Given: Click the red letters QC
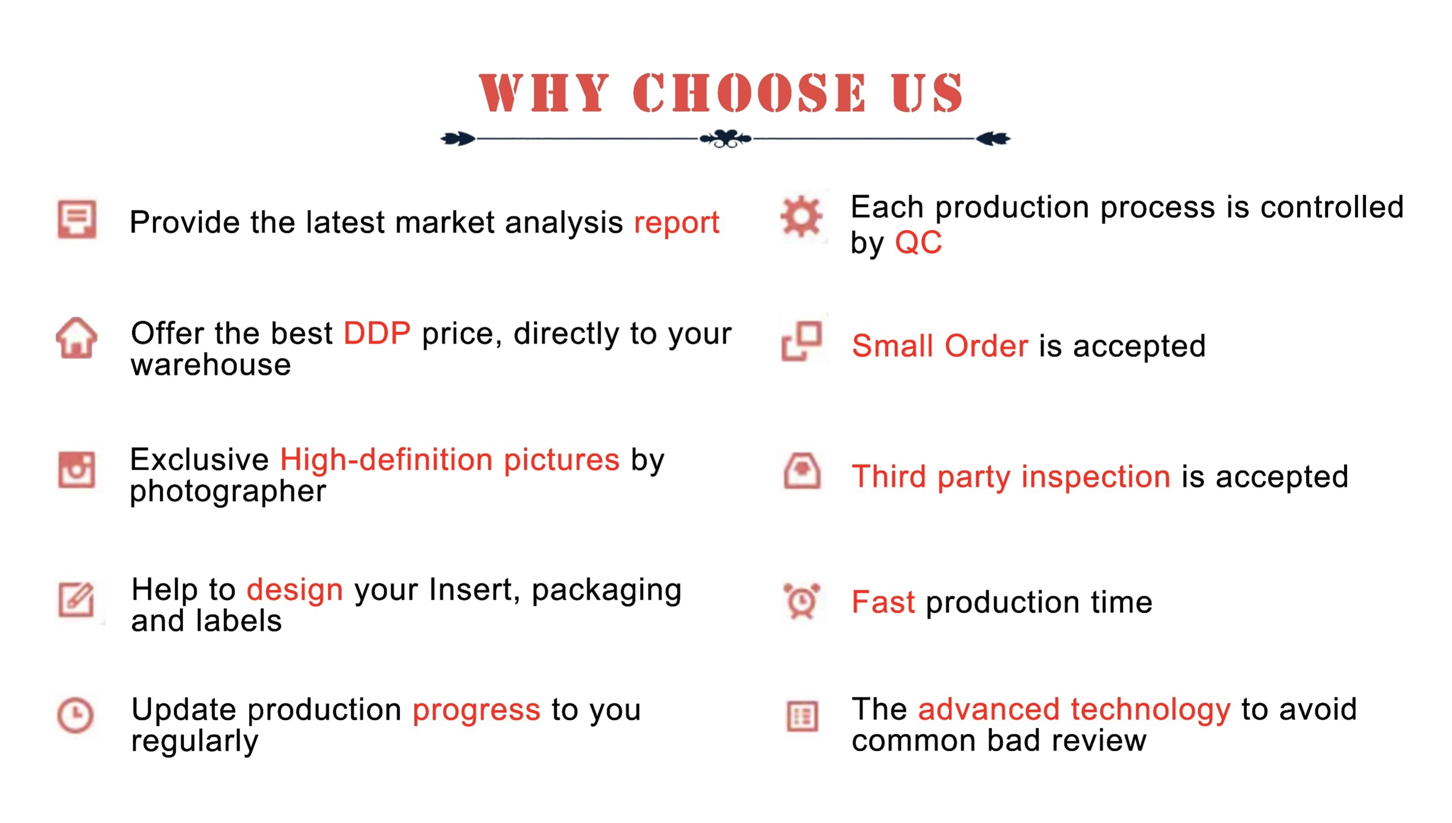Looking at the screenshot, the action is click(918, 243).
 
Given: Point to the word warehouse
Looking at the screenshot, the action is click(211, 365).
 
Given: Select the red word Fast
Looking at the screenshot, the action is click(883, 602).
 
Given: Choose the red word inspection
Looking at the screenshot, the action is click(1096, 477).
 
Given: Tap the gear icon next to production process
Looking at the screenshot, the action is click(801, 216).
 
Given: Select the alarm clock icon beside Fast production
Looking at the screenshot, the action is click(801, 601).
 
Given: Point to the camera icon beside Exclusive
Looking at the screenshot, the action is click(76, 470).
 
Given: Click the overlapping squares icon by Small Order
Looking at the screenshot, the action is click(801, 341).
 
